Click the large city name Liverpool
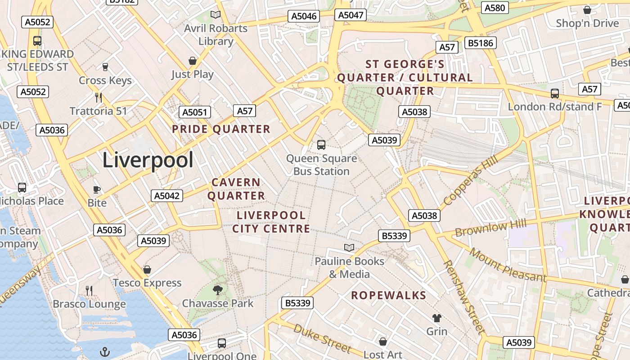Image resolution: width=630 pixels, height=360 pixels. coord(148,160)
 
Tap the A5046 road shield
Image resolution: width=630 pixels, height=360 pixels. coord(304,16)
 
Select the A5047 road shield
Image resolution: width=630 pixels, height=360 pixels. coord(351,15)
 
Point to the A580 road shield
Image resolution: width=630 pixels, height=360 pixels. coord(495,8)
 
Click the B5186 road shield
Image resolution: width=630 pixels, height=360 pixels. coord(481,43)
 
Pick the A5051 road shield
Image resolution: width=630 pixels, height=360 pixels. coord(195,112)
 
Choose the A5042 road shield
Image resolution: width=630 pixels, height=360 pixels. coord(167,196)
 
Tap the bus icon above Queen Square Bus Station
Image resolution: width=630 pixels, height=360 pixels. coord(321,144)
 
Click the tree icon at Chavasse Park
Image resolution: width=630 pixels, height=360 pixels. coord(218,290)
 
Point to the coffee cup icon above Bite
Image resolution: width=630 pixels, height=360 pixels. coord(97,189)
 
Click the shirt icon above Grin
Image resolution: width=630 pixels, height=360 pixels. coord(436,318)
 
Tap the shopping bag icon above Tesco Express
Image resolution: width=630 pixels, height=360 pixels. coord(147,270)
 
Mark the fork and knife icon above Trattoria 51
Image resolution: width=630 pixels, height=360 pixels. coord(99,97)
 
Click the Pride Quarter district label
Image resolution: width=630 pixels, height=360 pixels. coord(221,129)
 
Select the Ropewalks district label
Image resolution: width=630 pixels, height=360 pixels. coord(388,295)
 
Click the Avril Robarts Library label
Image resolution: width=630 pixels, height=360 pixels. coord(216,35)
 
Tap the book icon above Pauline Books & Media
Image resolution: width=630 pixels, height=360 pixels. coord(349,247)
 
